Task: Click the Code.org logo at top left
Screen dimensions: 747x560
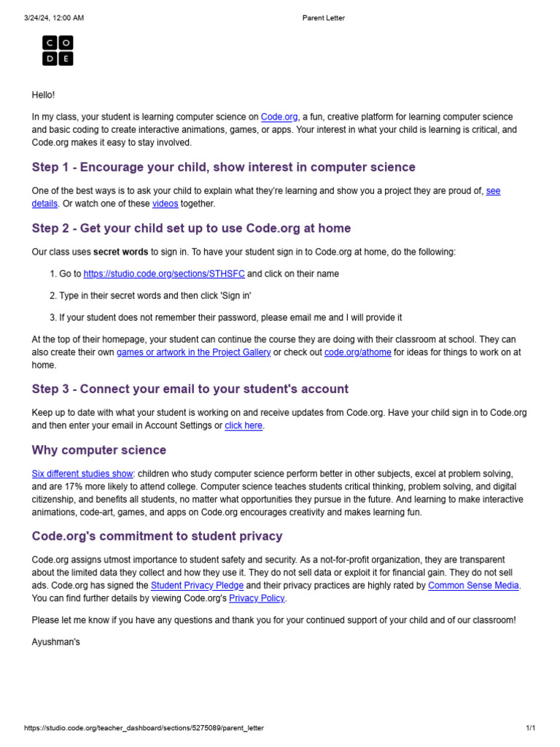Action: pyautogui.click(x=58, y=50)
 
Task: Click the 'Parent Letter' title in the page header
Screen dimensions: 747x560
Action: pyautogui.click(x=323, y=18)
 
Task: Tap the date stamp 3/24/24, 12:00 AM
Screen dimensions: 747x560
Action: pyautogui.click(x=54, y=18)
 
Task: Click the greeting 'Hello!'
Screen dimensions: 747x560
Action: pyautogui.click(x=43, y=95)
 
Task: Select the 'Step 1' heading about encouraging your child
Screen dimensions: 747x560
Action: pyautogui.click(x=223, y=167)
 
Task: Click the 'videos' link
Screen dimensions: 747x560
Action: pyautogui.click(x=165, y=204)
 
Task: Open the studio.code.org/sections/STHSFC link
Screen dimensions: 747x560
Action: pyautogui.click(x=165, y=274)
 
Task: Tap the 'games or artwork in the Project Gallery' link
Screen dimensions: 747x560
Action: pyautogui.click(x=194, y=352)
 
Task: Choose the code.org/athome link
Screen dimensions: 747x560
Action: pyautogui.click(x=357, y=352)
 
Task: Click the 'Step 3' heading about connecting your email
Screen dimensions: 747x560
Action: pyautogui.click(x=190, y=389)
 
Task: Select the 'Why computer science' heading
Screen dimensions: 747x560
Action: pyautogui.click(x=99, y=450)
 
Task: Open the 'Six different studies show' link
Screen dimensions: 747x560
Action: pyautogui.click(x=83, y=473)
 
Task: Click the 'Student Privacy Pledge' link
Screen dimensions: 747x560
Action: pyautogui.click(x=197, y=585)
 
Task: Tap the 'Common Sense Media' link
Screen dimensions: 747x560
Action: pyautogui.click(x=473, y=585)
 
